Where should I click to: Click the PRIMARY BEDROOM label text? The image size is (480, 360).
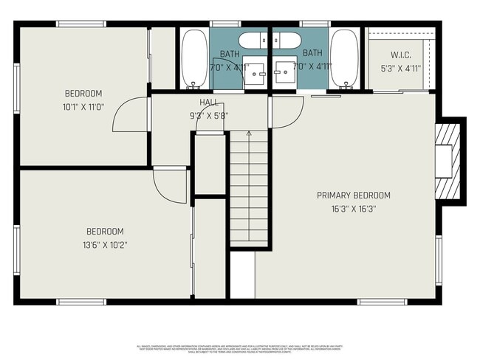(353, 195)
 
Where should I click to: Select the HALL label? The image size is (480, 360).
(209, 103)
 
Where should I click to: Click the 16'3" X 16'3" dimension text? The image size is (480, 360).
(353, 209)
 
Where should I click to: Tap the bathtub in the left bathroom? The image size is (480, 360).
(195, 58)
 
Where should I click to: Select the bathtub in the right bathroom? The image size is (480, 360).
(344, 58)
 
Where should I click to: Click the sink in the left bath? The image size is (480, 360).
(256, 72)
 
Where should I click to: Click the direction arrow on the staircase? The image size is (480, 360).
(249, 135)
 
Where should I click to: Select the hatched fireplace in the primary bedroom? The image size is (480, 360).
(449, 159)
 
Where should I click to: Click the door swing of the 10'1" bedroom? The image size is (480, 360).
(133, 115)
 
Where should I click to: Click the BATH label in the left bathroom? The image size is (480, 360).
(230, 53)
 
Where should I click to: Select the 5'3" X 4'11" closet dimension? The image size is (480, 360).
(400, 69)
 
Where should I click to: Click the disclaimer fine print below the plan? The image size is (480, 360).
(239, 347)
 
